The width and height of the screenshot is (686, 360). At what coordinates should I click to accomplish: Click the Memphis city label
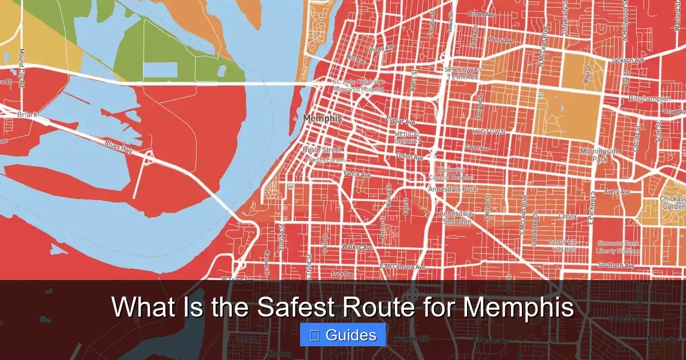pyautogui.click(x=322, y=118)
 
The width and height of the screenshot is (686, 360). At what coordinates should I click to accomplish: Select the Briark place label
pyautogui.click(x=26, y=115)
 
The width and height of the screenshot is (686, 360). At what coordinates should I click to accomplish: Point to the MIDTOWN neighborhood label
pyautogui.click(x=488, y=132)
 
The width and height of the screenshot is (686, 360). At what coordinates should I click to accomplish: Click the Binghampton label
pyautogui.click(x=649, y=99)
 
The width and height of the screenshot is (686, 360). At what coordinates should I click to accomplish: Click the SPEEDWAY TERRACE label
pyautogui.click(x=464, y=73)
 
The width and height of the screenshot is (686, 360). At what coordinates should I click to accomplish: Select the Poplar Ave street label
pyautogui.click(x=401, y=122)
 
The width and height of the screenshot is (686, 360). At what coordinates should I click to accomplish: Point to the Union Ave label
pyautogui.click(x=409, y=156)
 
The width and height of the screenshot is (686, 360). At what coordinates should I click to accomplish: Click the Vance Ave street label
pyautogui.click(x=357, y=174)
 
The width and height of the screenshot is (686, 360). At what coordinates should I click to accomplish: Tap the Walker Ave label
pyautogui.click(x=357, y=247)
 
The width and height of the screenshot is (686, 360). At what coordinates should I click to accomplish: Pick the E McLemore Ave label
pyautogui.click(x=402, y=267)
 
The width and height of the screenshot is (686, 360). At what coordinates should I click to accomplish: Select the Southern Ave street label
pyautogui.click(x=616, y=265)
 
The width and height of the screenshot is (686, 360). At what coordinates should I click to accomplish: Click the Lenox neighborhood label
pyautogui.click(x=568, y=217)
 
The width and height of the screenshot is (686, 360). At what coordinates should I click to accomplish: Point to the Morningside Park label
pyautogui.click(x=600, y=155)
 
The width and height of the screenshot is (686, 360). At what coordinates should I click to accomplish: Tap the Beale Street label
pyautogui.click(x=321, y=150)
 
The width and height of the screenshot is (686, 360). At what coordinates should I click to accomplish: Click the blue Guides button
pyautogui.click(x=343, y=335)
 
